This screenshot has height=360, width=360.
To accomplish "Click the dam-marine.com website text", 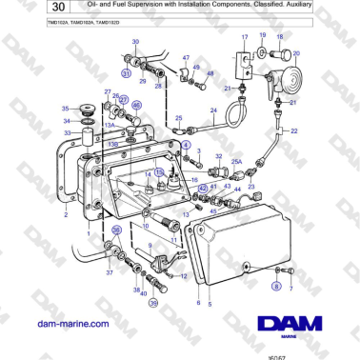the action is [71, 325].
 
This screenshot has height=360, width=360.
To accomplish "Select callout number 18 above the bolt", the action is [281, 35].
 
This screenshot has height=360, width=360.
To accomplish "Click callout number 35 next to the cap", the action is [66, 109].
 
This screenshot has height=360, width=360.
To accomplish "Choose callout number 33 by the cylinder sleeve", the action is [67, 132].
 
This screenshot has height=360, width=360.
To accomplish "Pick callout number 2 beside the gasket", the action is [66, 215].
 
